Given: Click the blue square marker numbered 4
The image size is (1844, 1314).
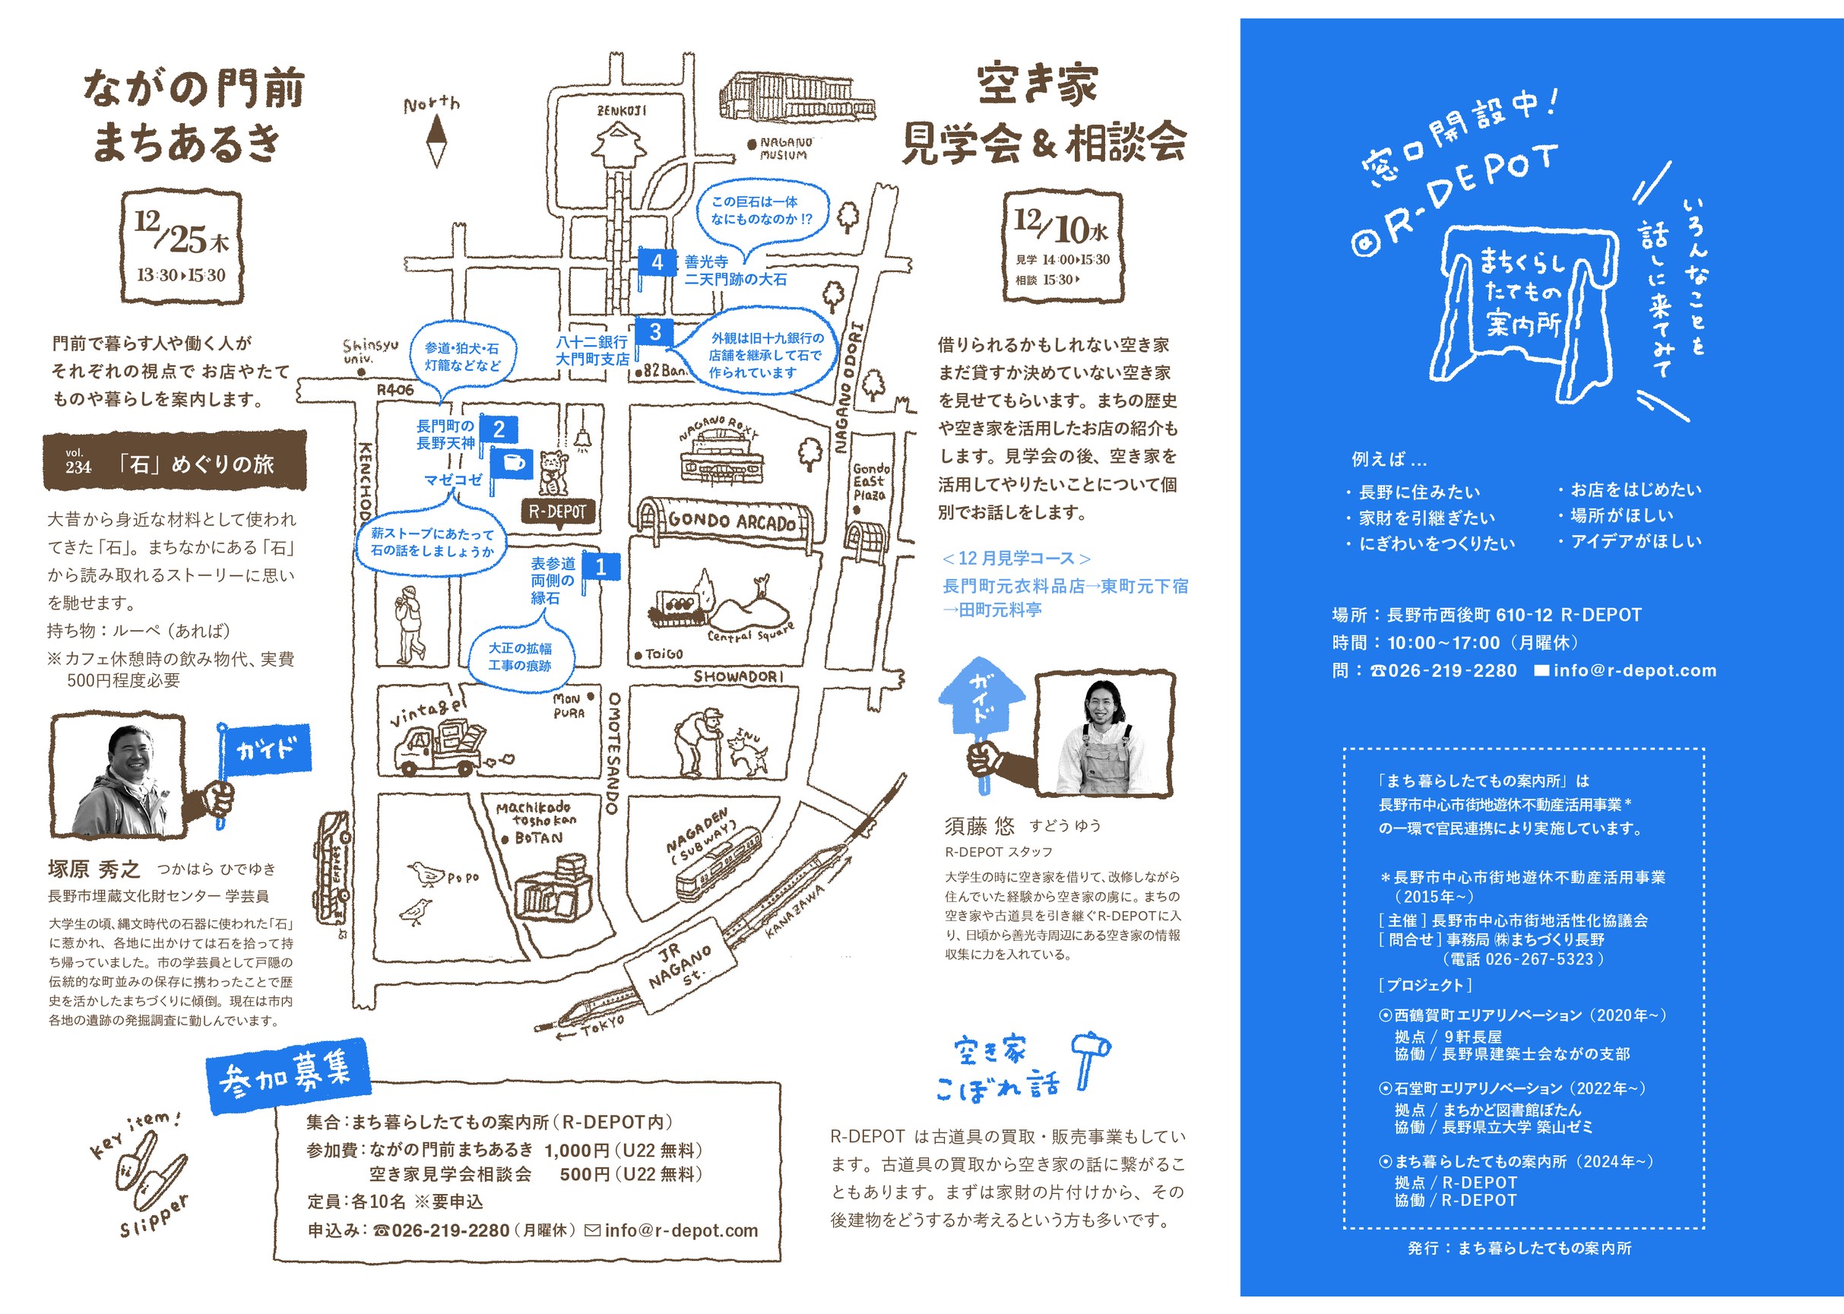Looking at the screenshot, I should point(657,262).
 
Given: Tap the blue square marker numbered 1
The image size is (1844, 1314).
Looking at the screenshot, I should point(600,567).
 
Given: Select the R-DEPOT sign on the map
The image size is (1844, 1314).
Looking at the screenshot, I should point(557,512).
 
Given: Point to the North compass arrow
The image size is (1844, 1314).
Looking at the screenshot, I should point(436,139).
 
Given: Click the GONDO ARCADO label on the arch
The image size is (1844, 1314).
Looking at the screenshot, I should point(731,522).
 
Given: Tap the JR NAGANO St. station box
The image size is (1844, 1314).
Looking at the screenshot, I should point(680,965).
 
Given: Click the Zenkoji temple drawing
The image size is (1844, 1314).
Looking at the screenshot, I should point(619,147).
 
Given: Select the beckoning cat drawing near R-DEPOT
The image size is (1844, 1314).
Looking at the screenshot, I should point(553,471).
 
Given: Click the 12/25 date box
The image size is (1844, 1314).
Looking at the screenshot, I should point(182,248).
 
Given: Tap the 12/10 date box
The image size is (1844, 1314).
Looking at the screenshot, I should point(1063,247).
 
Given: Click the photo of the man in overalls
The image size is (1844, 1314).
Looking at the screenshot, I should point(1104,735).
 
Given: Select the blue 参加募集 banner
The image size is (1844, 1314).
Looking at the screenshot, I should point(288,1075).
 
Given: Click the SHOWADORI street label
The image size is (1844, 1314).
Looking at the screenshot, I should point(738,676).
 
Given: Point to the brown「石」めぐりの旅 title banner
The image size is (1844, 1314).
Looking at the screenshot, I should point(175,462).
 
